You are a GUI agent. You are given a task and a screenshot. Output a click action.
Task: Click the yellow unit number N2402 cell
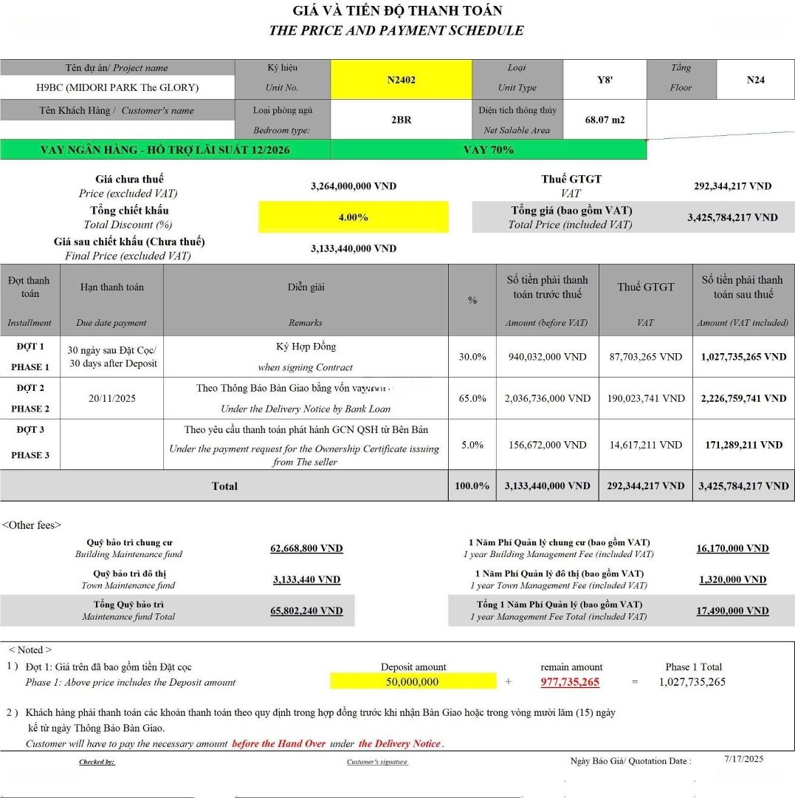coord(401,80)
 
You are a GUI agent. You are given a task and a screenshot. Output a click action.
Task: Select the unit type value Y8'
coord(605,80)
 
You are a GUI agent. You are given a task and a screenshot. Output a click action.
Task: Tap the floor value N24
coord(755,80)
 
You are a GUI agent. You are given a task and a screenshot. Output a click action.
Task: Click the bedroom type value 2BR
coord(401,120)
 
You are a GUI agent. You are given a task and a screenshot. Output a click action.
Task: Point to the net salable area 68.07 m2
coord(605,120)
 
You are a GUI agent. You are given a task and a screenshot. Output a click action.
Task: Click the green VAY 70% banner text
coord(488,149)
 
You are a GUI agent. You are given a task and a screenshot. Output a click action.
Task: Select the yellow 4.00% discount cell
coord(353,217)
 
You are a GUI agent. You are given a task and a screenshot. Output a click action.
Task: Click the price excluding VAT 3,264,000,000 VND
coord(353,186)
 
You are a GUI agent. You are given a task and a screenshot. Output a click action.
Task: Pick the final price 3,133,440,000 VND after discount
coord(353,249)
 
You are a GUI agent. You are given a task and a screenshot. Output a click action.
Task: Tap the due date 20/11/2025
coord(111,398)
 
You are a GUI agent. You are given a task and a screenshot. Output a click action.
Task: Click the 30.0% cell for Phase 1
coord(472,357)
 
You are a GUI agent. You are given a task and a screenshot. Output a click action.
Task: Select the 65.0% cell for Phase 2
coord(472,398)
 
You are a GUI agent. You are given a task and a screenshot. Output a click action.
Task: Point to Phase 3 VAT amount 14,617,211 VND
coord(645,445)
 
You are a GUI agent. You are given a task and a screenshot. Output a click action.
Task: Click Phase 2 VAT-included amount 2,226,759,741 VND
coord(743,398)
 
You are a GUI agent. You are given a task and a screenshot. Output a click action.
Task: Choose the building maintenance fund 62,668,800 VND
coord(306,548)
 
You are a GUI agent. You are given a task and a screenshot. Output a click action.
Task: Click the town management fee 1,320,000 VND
coord(732,579)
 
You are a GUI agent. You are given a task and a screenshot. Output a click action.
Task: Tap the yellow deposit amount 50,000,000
coord(413,682)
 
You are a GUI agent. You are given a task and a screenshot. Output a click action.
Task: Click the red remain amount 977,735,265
coord(570,682)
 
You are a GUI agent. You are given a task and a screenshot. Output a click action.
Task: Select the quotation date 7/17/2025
coord(744,758)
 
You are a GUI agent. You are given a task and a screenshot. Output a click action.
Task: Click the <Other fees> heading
coord(31,525)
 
